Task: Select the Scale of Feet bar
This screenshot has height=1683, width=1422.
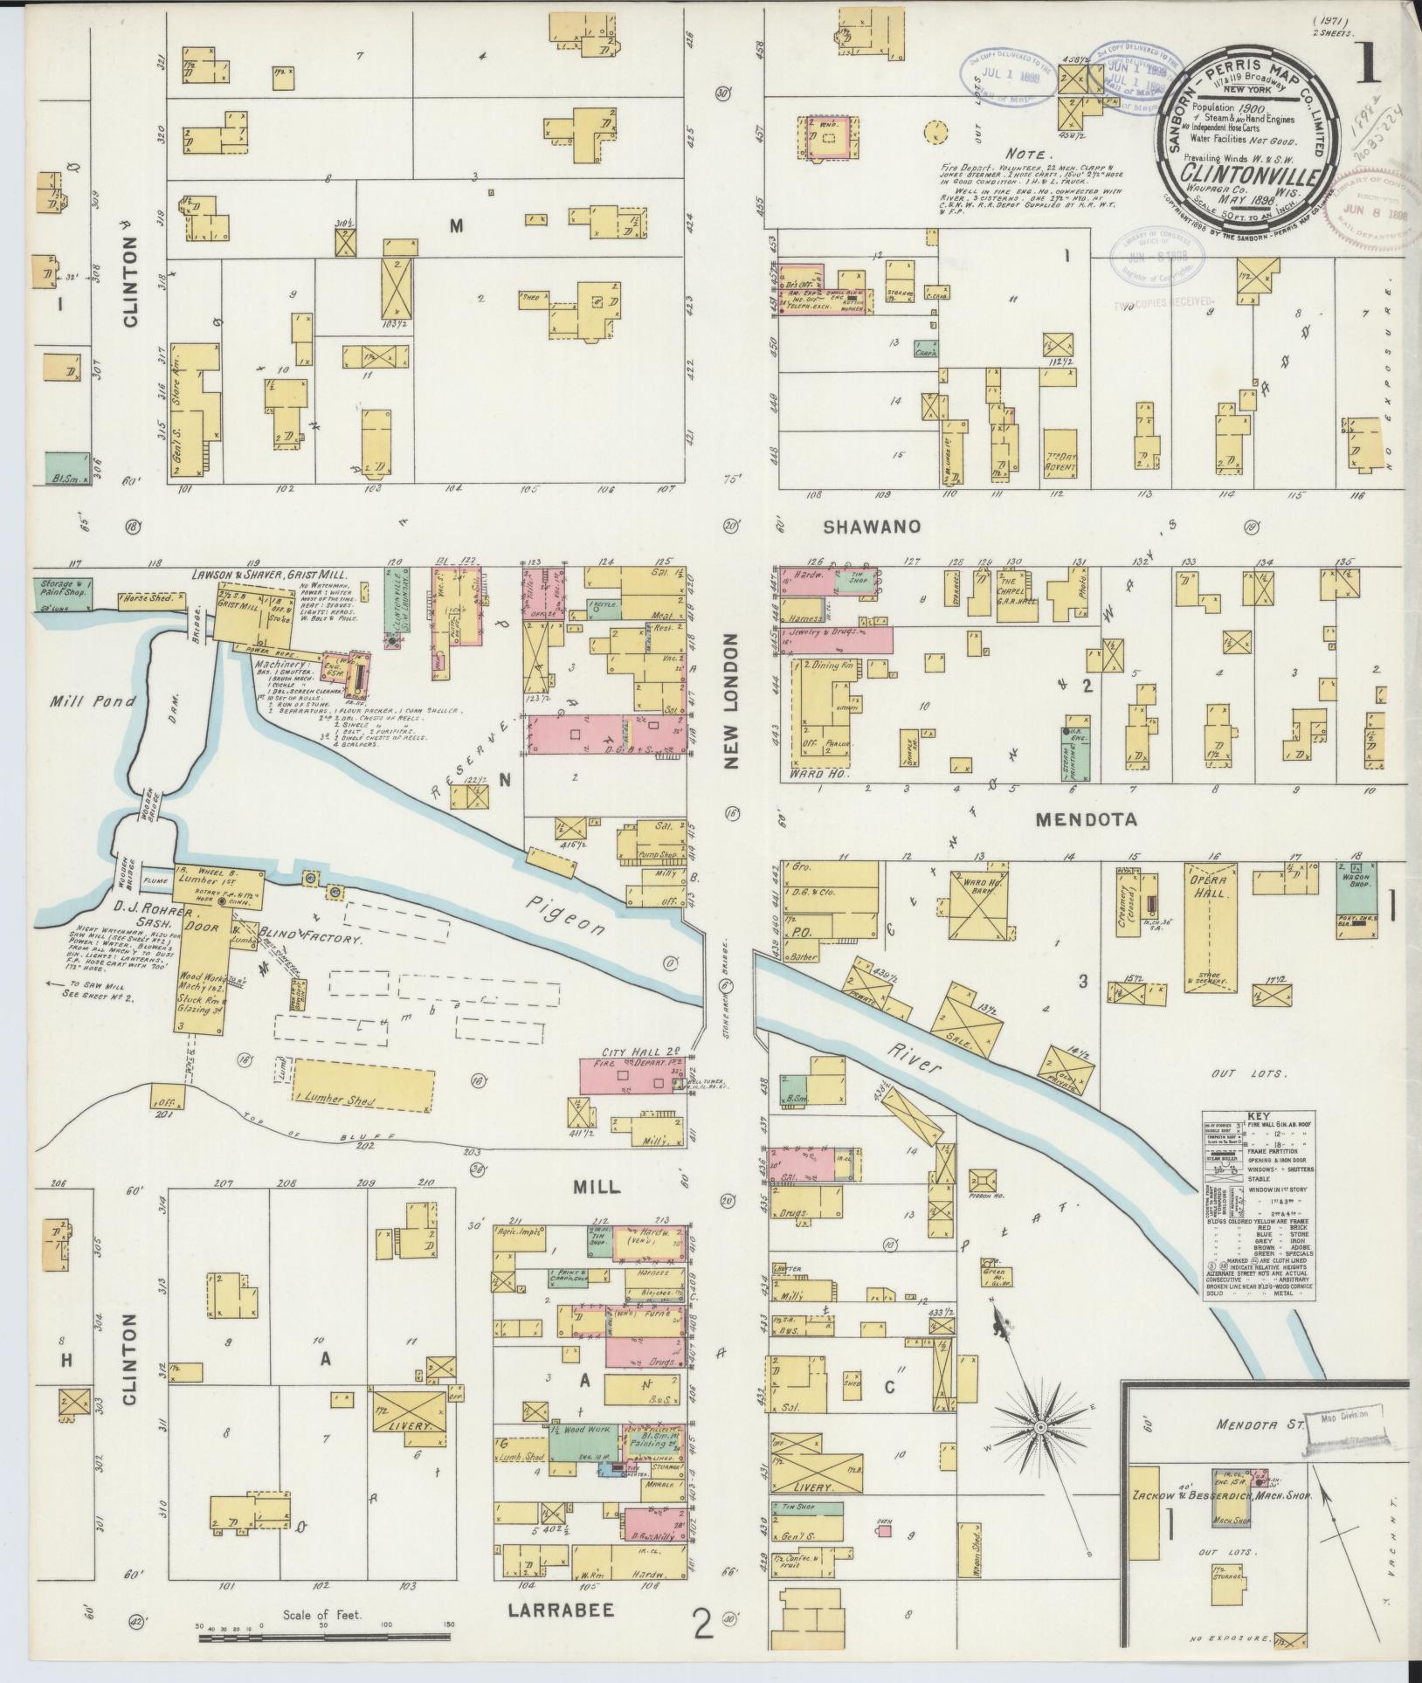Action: tap(322, 1638)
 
